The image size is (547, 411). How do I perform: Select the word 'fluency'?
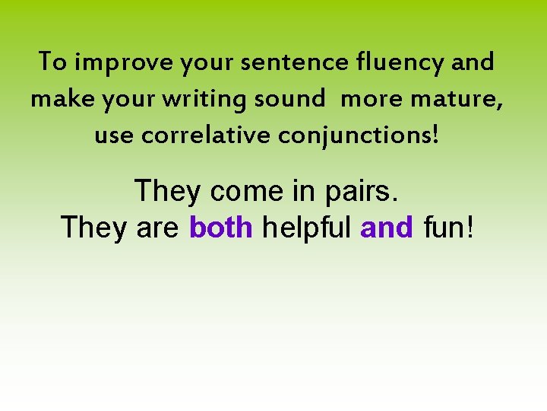399,62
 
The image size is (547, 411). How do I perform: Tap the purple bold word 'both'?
220,227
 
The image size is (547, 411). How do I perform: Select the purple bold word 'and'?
387,227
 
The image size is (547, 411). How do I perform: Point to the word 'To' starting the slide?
53,62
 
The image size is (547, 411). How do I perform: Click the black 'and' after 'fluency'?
473,62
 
